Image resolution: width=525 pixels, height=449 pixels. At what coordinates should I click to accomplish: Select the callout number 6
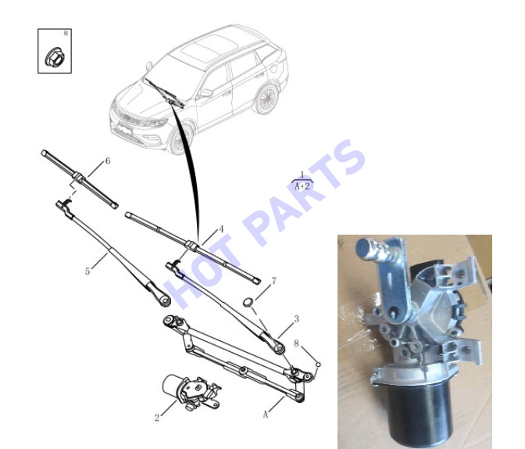click(x=108, y=161)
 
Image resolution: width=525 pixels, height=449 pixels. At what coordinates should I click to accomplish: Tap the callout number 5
click(x=87, y=271)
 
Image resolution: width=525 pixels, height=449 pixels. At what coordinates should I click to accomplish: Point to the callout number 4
click(x=221, y=229)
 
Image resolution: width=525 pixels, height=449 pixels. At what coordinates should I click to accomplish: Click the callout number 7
click(x=274, y=281)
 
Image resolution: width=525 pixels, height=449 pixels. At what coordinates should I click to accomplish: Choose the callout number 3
click(x=296, y=319)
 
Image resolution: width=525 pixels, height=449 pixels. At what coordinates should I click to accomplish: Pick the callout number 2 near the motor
click(x=157, y=418)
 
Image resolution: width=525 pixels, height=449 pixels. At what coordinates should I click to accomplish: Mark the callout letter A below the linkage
click(x=266, y=415)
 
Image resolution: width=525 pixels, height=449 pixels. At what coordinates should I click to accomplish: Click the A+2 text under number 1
click(x=302, y=186)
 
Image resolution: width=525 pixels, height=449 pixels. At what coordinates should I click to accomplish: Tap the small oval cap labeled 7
click(x=248, y=302)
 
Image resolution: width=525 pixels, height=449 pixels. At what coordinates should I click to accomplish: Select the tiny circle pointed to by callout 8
click(x=318, y=364)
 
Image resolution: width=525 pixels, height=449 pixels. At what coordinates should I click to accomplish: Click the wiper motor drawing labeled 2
click(x=191, y=392)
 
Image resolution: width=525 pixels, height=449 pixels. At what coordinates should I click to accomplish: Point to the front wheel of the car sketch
click(x=180, y=139)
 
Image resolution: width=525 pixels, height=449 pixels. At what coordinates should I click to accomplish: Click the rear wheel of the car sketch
click(x=266, y=99)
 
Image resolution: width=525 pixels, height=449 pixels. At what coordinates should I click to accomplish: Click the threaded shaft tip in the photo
click(x=366, y=249)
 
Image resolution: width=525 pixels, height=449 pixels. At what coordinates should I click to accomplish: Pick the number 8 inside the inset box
click(x=66, y=33)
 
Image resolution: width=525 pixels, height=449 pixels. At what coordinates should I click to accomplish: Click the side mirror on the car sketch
click(x=206, y=93)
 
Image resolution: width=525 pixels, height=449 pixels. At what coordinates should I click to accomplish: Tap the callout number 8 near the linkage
click(x=296, y=343)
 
